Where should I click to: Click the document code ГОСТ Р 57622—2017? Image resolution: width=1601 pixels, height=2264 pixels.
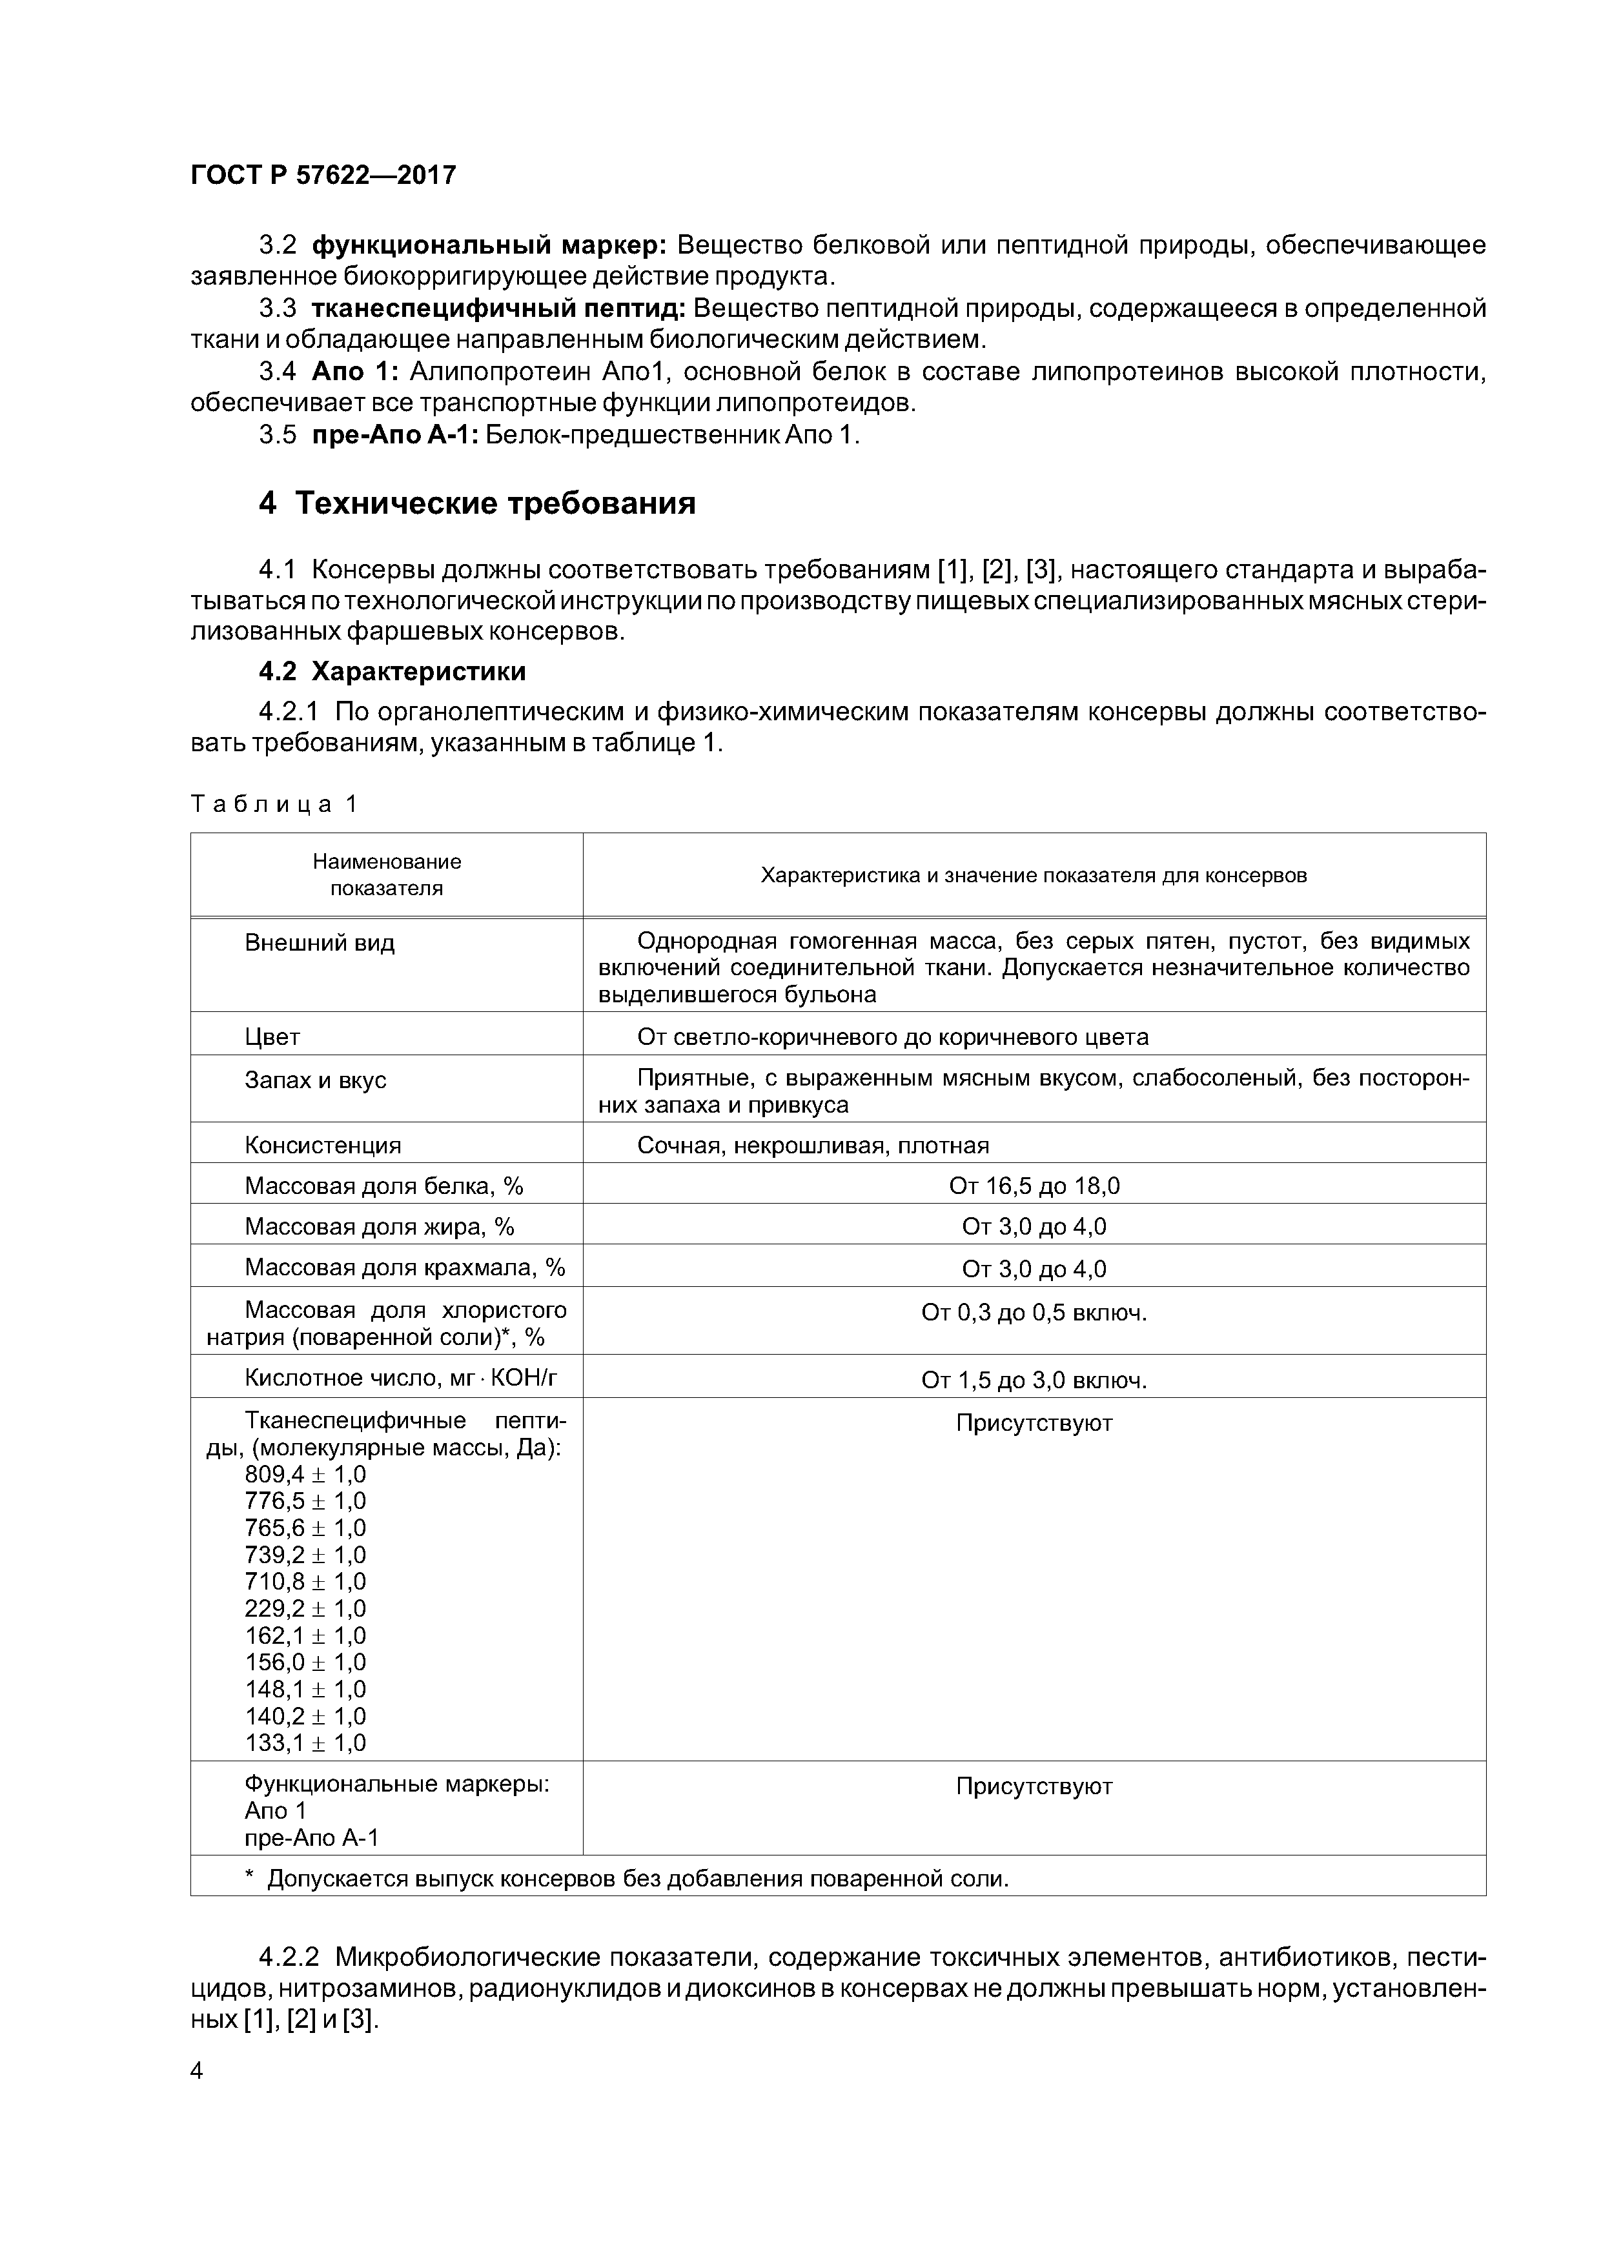click(x=323, y=176)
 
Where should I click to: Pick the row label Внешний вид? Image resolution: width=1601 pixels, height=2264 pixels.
click(x=319, y=943)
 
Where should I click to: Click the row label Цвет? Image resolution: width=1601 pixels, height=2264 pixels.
click(x=272, y=1036)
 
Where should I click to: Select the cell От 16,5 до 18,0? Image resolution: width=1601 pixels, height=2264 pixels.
click(x=1033, y=1186)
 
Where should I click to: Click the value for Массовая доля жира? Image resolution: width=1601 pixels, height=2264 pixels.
click(x=1033, y=1227)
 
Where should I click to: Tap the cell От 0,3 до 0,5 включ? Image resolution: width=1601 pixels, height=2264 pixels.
click(x=1033, y=1313)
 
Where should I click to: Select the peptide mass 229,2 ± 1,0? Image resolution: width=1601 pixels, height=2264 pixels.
click(x=305, y=1608)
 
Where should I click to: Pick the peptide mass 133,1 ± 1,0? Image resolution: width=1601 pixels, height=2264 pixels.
click(x=305, y=1743)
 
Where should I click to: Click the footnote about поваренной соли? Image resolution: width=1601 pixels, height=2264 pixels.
click(x=627, y=1879)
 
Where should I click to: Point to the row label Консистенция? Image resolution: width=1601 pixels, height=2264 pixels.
click(x=323, y=1145)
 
